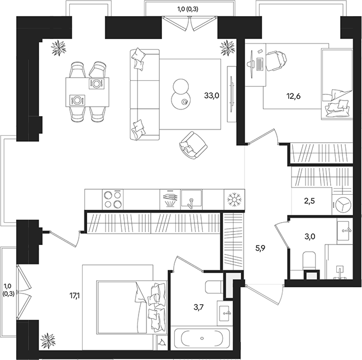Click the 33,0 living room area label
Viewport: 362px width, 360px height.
[x=212, y=95]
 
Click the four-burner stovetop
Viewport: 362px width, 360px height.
[x=113, y=199]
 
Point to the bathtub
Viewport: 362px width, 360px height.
[x=201, y=339]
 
